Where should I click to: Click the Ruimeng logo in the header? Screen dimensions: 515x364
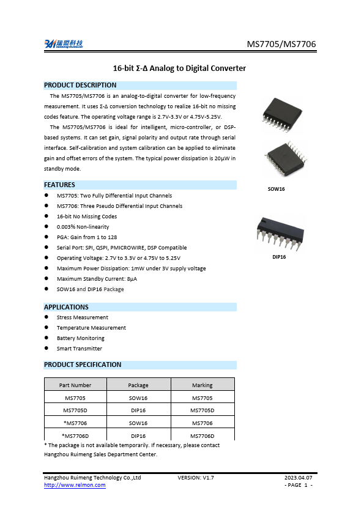[64, 44]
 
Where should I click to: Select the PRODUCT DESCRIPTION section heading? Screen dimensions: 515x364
[80, 85]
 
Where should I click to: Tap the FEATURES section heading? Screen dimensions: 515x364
[60, 185]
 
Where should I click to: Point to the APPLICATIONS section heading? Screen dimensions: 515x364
[66, 307]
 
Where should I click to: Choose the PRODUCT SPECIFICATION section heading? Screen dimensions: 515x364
[83, 365]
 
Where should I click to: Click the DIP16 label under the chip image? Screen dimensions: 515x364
[279, 257]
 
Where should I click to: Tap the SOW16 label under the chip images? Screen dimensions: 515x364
[277, 189]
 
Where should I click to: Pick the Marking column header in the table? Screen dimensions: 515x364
[202, 385]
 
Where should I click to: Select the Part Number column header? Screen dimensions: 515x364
[75, 385]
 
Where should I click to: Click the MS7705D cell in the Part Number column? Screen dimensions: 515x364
[75, 410]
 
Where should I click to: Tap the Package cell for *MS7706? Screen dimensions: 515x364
[138, 423]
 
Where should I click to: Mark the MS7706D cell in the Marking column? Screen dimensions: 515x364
[202, 436]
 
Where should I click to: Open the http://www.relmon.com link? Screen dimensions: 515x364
[75, 485]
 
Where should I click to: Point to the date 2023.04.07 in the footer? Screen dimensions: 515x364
[299, 477]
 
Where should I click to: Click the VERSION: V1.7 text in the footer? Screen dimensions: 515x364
[196, 477]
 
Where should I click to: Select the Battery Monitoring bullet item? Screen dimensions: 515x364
[81, 338]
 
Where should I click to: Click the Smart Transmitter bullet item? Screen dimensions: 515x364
[80, 349]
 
